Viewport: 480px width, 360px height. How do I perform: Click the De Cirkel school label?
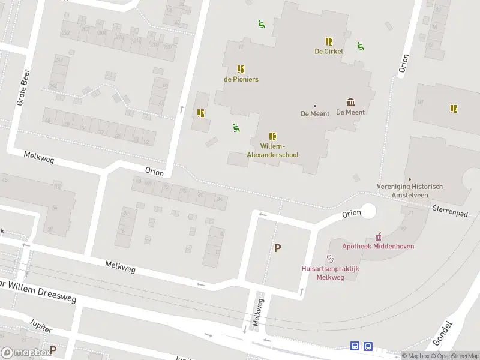tap(329, 51)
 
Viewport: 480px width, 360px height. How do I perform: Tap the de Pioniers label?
tap(241, 79)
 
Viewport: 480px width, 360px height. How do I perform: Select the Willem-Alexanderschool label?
tap(272, 151)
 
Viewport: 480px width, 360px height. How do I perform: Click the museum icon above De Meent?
tap(350, 102)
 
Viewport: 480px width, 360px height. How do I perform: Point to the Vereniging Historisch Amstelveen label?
tap(409, 190)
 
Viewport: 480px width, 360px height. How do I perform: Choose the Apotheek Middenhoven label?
tap(378, 246)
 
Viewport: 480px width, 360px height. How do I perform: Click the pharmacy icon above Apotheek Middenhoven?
tap(378, 236)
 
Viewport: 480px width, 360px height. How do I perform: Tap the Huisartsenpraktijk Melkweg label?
tap(330, 273)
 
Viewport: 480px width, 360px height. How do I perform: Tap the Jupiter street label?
tap(41, 327)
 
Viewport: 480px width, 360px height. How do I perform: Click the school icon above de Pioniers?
tap(241, 69)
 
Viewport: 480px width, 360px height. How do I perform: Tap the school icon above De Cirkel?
tap(329, 41)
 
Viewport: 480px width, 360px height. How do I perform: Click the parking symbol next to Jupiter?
tap(53, 349)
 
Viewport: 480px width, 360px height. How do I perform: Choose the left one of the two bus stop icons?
tap(355, 346)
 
